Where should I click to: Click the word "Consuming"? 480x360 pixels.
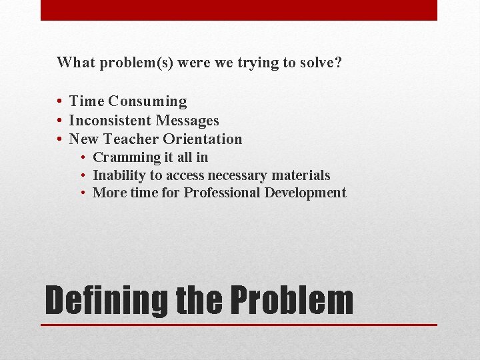coord(147,102)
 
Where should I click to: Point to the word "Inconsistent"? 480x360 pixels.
coord(110,121)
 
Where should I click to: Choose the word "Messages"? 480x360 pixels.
coord(187,121)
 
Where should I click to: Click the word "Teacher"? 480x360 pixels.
coord(132,139)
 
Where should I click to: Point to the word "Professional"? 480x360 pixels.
coord(222,193)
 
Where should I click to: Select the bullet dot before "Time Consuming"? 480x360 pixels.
coord(60,102)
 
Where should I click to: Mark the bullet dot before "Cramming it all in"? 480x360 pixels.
coord(84,158)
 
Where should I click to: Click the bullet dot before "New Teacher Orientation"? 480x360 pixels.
coord(60,139)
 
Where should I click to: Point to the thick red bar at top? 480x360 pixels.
coord(239,10)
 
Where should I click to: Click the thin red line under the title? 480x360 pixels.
coord(239,325)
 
